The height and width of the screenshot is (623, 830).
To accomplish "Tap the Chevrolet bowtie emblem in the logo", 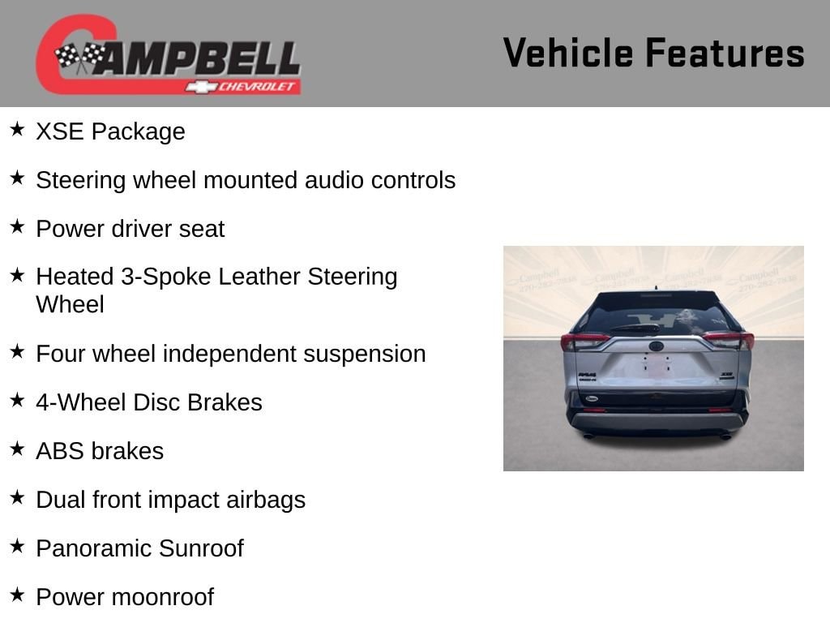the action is pyautogui.click(x=201, y=87).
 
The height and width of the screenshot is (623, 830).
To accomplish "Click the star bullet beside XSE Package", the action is pyautogui.click(x=18, y=129).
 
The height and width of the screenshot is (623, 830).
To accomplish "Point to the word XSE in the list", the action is pyautogui.click(x=60, y=131).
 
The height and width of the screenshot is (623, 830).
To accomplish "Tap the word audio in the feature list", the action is pyautogui.click(x=334, y=180).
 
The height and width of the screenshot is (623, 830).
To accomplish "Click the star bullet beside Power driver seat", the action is pyautogui.click(x=18, y=226).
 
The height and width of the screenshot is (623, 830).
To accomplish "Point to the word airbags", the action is pyautogui.click(x=266, y=501).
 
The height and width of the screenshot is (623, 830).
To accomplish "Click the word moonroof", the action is pyautogui.click(x=163, y=597).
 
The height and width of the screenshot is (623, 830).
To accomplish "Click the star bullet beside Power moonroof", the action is pyautogui.click(x=18, y=595).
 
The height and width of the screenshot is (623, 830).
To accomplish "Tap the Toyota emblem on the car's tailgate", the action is pyautogui.click(x=657, y=346).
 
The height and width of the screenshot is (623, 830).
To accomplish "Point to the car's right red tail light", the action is pyautogui.click(x=729, y=340).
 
